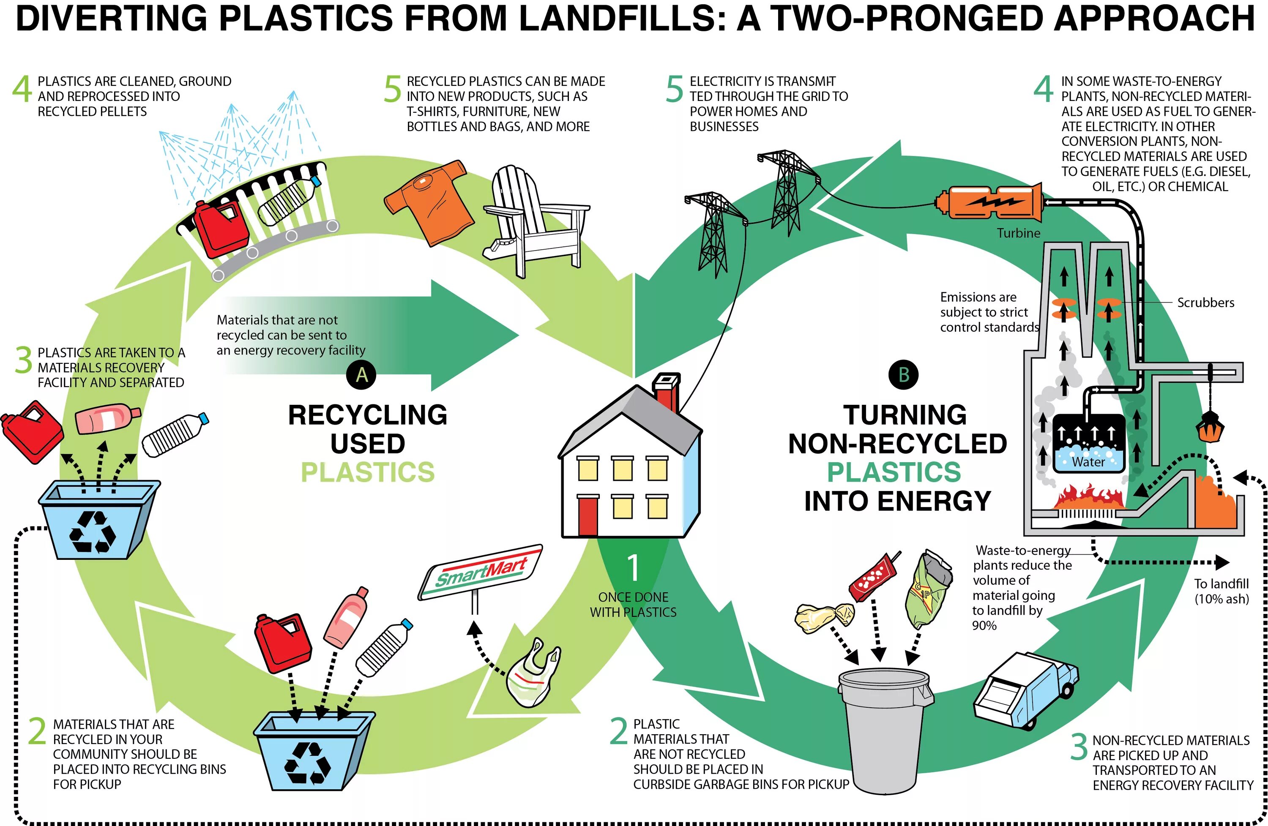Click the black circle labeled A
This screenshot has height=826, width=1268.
pos(361,375)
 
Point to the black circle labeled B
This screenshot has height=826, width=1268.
pos(904,375)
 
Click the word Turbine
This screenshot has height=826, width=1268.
pos(1018,233)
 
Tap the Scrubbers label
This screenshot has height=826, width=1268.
pos(1205,303)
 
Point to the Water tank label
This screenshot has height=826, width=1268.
pos(1088,462)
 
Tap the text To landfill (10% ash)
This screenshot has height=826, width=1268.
pos(1221,591)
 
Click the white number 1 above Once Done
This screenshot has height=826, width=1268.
pos(633,568)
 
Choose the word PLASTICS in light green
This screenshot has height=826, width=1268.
pos(368,472)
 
